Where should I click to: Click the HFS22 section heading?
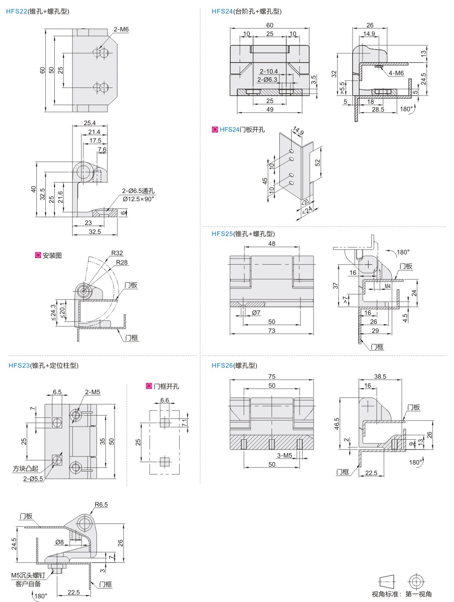tap(38, 11)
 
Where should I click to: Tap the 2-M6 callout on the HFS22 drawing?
tap(121, 29)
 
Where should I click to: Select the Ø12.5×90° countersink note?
tap(138, 199)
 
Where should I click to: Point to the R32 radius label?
tap(117, 253)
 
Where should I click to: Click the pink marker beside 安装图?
tap(38, 255)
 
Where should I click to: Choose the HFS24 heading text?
tap(247, 11)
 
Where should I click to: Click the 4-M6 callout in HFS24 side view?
tap(396, 73)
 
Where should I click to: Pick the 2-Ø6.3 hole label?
tap(267, 80)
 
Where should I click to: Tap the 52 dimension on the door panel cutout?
tap(318, 163)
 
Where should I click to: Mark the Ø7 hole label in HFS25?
tap(256, 313)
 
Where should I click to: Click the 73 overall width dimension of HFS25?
tap(272, 330)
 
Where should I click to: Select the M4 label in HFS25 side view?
tap(388, 286)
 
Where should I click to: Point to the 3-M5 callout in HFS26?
tap(285, 456)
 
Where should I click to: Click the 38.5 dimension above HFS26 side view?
tap(380, 377)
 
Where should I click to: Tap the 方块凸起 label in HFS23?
tap(25, 469)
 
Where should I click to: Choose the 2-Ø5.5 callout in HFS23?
tap(33, 479)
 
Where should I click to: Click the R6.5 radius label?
tap(101, 505)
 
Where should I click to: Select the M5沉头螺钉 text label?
tap(28, 575)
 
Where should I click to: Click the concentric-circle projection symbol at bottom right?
tap(416, 582)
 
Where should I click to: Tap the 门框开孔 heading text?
tap(166, 386)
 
